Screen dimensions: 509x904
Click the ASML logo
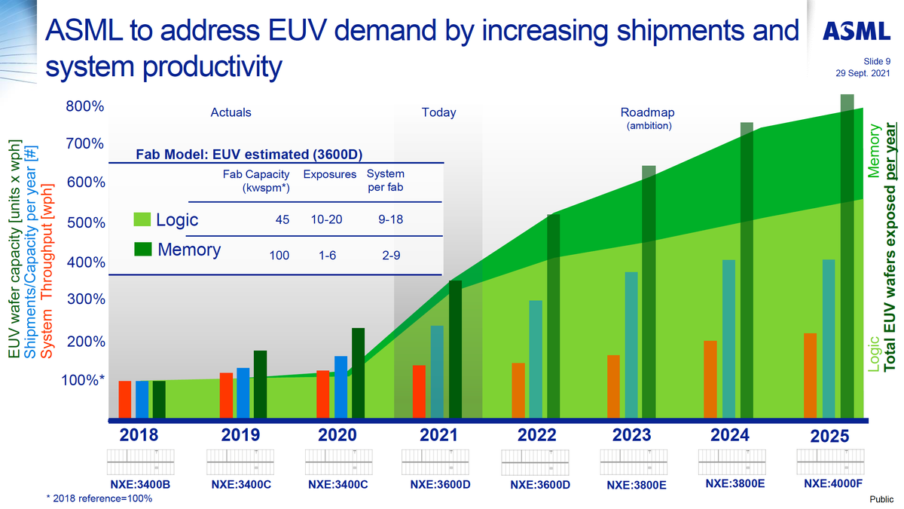point(858,30)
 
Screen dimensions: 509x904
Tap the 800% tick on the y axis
point(84,106)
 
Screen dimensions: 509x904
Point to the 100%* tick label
point(82,379)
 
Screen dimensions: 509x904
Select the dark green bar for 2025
point(847,256)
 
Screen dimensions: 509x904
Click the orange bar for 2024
point(710,379)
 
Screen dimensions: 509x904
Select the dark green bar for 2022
point(554,316)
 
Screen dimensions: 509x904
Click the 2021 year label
point(439,435)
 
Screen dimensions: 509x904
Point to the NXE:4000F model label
point(833,483)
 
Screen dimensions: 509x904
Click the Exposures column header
point(330,174)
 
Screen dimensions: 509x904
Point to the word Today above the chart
point(438,112)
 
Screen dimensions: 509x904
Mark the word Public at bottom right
point(881,499)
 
